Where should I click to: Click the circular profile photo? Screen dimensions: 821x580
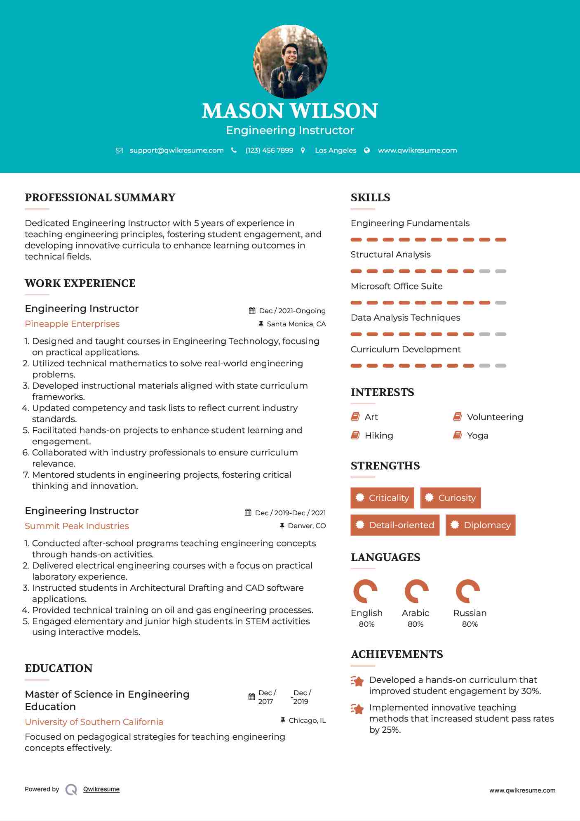pyautogui.click(x=290, y=62)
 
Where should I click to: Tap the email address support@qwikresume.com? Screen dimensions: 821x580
pyautogui.click(x=176, y=150)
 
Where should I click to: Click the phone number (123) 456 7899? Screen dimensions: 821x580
pyautogui.click(x=269, y=150)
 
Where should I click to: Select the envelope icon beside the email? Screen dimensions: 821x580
pyautogui.click(x=119, y=151)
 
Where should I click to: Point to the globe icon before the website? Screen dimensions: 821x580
pyautogui.click(x=367, y=151)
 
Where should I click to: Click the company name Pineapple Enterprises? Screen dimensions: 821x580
pyautogui.click(x=72, y=324)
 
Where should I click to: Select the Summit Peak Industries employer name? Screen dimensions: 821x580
pyautogui.click(x=77, y=526)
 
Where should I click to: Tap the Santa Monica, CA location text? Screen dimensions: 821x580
pyautogui.click(x=296, y=324)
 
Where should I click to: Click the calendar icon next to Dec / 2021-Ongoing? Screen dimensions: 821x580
pyautogui.click(x=252, y=311)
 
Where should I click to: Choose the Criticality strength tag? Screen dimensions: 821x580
pyautogui.click(x=382, y=498)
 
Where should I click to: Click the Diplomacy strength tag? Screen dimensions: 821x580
pyautogui.click(x=480, y=525)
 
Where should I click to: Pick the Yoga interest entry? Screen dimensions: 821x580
pyautogui.click(x=477, y=436)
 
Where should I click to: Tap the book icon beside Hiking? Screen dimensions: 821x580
pyautogui.click(x=355, y=435)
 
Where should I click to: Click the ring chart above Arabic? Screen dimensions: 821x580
pyautogui.click(x=416, y=591)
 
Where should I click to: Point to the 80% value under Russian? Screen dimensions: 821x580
pyautogui.click(x=470, y=624)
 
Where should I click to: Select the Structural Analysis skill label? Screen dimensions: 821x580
pyautogui.click(x=390, y=255)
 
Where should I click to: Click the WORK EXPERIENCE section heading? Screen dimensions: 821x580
pyautogui.click(x=80, y=283)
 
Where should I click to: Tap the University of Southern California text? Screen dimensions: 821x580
pyautogui.click(x=94, y=722)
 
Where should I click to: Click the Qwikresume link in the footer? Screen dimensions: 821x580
pyautogui.click(x=101, y=789)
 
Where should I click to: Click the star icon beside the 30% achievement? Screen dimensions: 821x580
pyautogui.click(x=357, y=681)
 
